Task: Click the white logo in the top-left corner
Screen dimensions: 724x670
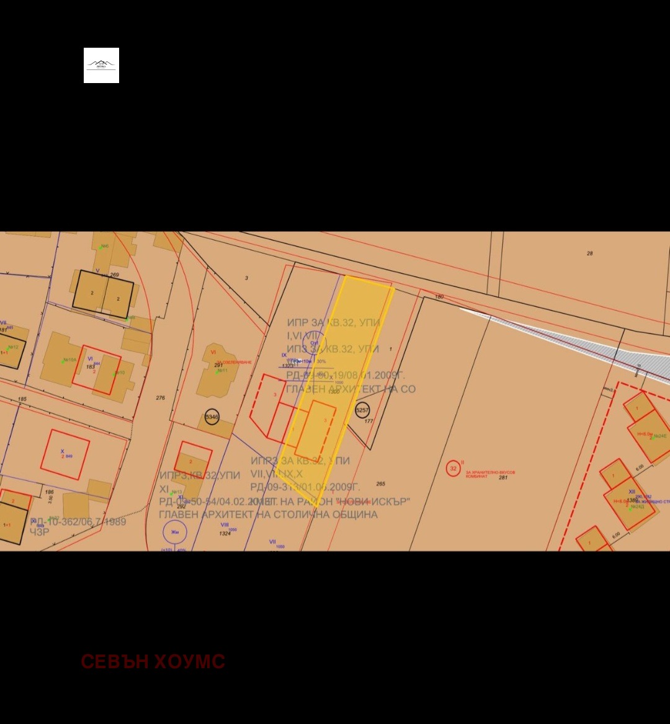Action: click(x=101, y=65)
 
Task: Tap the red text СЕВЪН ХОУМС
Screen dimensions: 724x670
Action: click(x=153, y=661)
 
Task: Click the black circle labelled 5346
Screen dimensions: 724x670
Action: click(x=212, y=417)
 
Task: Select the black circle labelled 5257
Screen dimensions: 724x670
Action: click(x=362, y=410)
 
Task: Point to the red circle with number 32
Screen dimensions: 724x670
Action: click(x=453, y=468)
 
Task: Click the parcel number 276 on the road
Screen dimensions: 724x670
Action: click(x=161, y=398)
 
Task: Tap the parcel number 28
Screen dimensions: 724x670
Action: click(x=590, y=254)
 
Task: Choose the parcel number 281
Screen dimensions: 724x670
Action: click(x=503, y=477)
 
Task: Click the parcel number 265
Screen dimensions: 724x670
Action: click(x=380, y=484)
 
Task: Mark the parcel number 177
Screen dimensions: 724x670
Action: click(x=368, y=422)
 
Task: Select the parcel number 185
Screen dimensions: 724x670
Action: click(x=22, y=399)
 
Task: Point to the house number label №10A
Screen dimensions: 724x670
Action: click(x=69, y=360)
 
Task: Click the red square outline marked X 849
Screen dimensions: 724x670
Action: click(x=65, y=454)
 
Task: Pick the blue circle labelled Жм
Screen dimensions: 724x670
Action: click(x=175, y=532)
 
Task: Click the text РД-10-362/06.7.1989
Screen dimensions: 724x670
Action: click(x=78, y=522)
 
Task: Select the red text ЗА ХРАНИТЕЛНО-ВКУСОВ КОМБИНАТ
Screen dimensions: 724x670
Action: click(x=490, y=473)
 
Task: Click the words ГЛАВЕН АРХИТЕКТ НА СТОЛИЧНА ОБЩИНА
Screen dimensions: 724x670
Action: click(x=268, y=514)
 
